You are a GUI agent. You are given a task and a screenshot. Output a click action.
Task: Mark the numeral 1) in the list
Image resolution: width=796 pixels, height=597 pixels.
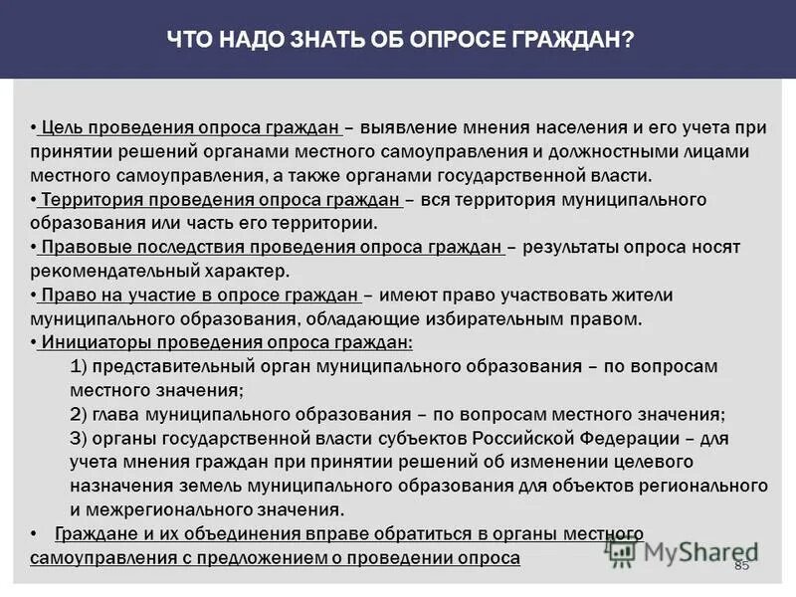(82, 366)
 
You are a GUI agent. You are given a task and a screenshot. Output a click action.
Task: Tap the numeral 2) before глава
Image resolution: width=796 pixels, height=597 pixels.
(83, 414)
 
